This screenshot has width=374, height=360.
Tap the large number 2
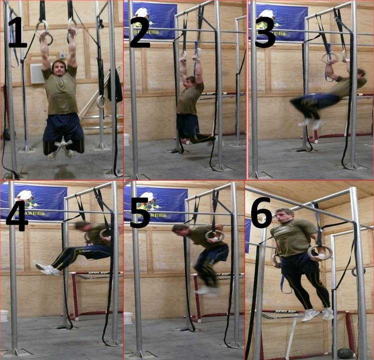tap(140, 31)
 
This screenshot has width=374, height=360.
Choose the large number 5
tap(140, 213)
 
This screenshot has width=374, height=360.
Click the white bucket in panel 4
tap(4, 315)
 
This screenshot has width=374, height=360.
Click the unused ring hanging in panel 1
tap(101, 102)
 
